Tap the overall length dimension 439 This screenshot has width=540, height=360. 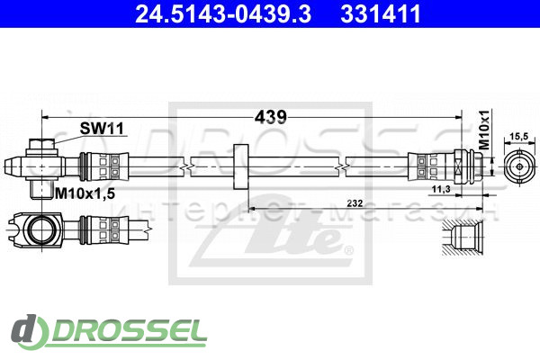click(270, 117)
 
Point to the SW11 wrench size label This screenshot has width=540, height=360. click(101, 130)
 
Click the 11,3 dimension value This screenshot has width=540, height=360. click(442, 190)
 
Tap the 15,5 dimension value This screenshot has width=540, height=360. click(518, 136)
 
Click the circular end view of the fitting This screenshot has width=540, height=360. click(518, 166)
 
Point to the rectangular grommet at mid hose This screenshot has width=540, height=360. click(240, 166)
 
